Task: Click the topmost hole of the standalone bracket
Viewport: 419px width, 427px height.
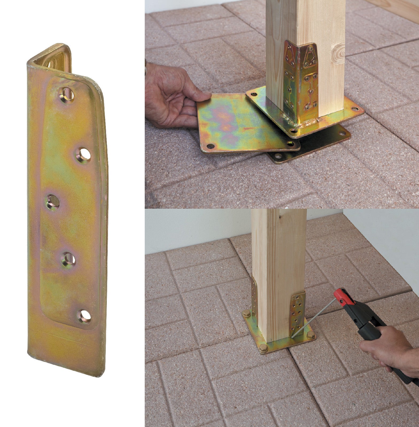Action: (x=67, y=95)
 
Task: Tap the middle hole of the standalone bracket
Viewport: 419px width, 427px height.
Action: (x=52, y=202)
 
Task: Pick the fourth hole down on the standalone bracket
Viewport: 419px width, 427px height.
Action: (x=68, y=259)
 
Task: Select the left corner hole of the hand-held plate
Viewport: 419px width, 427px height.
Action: (x=210, y=146)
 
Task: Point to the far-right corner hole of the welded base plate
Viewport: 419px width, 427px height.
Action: (x=354, y=109)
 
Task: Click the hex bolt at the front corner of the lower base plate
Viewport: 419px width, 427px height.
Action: (x=263, y=348)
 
